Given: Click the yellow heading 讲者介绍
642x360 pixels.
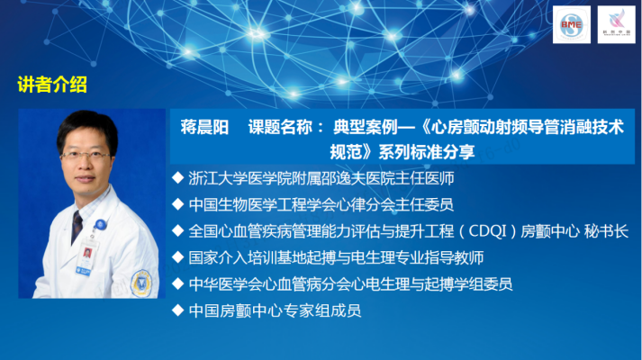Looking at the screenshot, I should tap(52, 85).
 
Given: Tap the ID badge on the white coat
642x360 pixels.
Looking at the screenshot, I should tap(86, 259).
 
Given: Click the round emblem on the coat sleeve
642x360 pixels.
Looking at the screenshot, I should tap(144, 283).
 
